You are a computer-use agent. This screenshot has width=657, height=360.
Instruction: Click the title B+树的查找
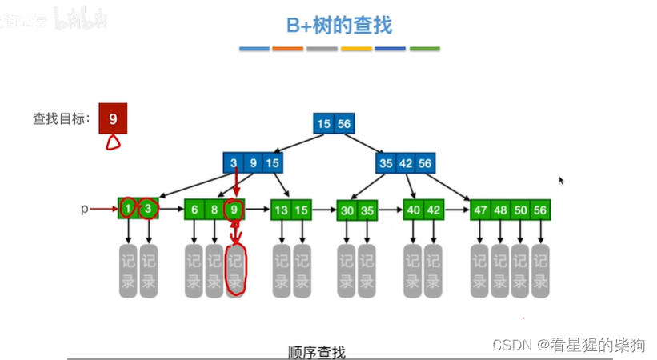(339, 26)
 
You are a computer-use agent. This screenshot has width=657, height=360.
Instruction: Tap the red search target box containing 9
(113, 119)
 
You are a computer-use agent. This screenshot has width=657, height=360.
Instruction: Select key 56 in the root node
(343, 124)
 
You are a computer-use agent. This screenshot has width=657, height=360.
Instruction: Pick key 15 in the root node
(323, 124)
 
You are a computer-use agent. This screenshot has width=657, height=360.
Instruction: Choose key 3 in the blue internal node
(233, 163)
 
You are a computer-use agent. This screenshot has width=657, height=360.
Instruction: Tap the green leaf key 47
(480, 210)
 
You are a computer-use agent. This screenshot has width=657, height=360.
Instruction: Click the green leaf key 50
(521, 210)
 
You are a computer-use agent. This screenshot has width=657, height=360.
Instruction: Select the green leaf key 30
(347, 210)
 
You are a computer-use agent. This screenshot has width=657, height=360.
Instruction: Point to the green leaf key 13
(281, 210)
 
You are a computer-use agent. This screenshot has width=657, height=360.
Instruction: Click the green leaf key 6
(194, 210)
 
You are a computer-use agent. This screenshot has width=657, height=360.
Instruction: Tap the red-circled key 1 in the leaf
(128, 210)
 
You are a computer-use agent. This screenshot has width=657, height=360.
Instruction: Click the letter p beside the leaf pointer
(84, 210)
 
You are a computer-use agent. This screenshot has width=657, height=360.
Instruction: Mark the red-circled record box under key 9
(234, 271)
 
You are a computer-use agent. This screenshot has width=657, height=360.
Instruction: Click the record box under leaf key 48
(500, 271)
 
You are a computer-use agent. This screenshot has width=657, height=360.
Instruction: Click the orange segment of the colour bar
(287, 49)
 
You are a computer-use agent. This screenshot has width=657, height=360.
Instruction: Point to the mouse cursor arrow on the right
(561, 181)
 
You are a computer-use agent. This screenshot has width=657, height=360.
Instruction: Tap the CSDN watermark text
(568, 345)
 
